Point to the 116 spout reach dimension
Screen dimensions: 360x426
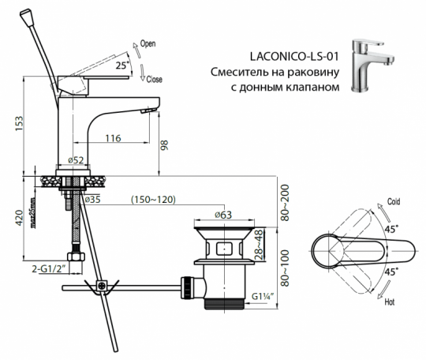tap(112, 139)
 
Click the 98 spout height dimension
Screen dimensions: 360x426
tap(165, 144)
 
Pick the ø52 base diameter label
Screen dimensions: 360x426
tap(77, 160)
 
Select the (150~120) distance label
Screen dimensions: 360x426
tap(153, 201)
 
